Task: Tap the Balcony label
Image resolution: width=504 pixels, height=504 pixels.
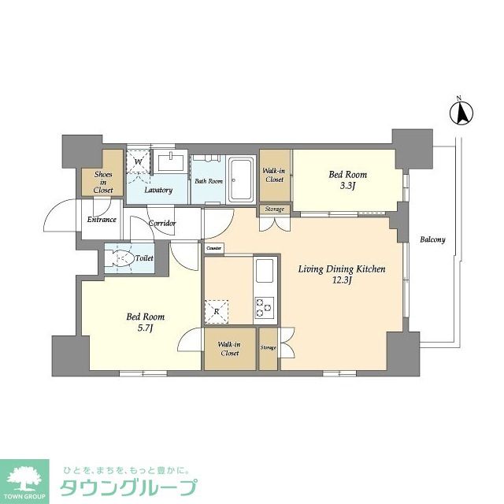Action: point(432,239)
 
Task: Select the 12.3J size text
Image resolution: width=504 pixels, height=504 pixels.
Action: point(341,280)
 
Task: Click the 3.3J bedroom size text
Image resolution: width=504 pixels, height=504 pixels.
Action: point(347,186)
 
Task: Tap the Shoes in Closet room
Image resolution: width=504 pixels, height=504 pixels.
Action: point(104,182)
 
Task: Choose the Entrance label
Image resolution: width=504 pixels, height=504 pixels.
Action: point(102,220)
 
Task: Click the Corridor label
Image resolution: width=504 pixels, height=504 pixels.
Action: point(163,224)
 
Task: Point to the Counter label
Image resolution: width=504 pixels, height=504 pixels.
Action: point(214,249)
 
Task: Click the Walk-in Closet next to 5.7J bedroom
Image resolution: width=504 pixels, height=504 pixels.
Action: point(229,349)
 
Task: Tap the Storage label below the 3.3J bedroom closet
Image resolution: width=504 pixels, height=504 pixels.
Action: point(274,209)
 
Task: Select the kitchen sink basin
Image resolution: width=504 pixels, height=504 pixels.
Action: point(264,274)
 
